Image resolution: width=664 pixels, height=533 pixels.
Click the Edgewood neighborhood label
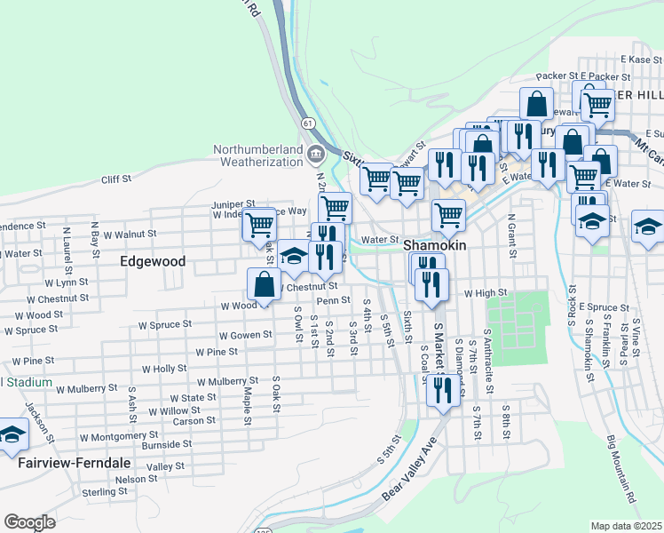(x=154, y=262)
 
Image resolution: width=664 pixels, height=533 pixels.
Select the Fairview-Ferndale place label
(x=75, y=464)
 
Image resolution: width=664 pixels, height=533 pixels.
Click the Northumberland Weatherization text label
(x=257, y=155)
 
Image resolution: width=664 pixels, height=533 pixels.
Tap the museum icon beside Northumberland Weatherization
(x=315, y=156)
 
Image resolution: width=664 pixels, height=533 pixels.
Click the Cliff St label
(x=116, y=179)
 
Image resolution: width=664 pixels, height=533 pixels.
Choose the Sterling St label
(x=105, y=491)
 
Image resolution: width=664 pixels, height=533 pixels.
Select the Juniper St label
(x=233, y=204)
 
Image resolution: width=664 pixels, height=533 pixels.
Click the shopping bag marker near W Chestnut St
(x=264, y=284)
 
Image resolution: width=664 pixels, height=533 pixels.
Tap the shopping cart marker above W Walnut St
(x=259, y=224)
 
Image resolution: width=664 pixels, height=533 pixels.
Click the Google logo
(x=29, y=522)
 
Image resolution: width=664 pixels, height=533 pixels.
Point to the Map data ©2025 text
(x=626, y=526)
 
